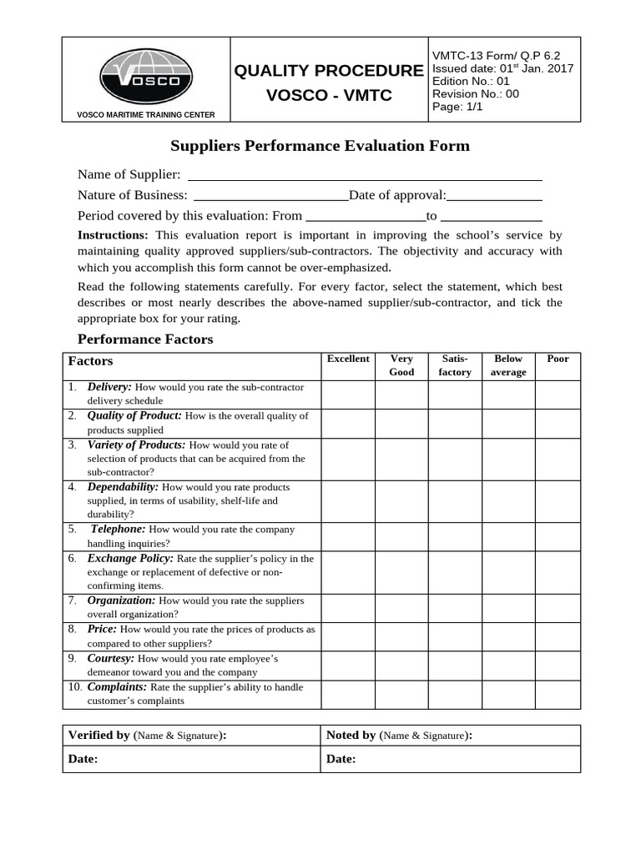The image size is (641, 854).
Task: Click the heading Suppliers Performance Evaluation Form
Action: [320, 146]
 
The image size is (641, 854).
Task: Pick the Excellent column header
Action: [347, 359]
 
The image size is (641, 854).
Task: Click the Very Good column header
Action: [401, 365]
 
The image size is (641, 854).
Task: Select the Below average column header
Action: [507, 365]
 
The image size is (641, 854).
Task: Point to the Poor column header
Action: [558, 359]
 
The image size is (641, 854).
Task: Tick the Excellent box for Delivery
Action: [347, 394]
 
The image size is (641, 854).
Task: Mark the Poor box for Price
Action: [558, 636]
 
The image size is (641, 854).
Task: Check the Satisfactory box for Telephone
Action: [455, 536]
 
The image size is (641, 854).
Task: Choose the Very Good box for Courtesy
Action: [401, 665]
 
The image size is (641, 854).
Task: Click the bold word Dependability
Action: [123, 486]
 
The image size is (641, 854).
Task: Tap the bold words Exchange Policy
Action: [130, 558]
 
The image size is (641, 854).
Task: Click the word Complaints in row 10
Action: [117, 686]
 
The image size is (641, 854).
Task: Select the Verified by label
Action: [98, 735]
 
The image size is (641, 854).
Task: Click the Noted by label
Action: [351, 735]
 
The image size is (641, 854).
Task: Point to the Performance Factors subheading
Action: [145, 339]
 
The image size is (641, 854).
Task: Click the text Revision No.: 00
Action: [475, 94]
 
